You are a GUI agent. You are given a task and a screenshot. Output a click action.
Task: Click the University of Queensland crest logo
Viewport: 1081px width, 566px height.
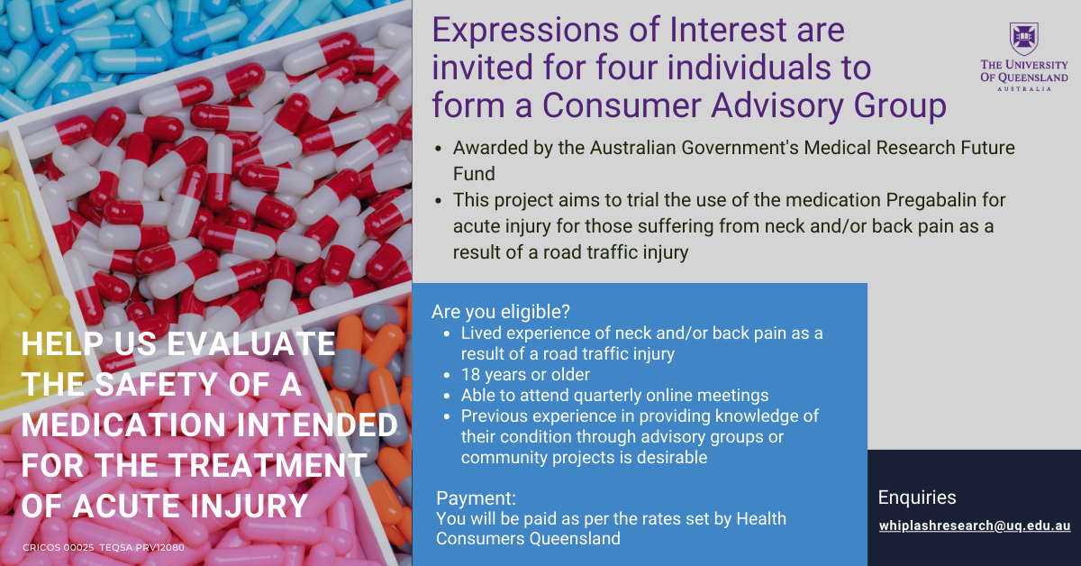click(1023, 39)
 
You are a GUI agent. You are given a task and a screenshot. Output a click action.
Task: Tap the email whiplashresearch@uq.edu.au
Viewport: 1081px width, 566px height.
click(975, 525)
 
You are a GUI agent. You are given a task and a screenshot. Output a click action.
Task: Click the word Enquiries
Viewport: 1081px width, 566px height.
click(917, 498)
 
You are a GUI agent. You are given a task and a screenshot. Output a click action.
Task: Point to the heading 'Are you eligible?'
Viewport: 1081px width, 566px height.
click(501, 312)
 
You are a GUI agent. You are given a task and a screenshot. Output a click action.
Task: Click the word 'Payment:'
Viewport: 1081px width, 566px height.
click(476, 498)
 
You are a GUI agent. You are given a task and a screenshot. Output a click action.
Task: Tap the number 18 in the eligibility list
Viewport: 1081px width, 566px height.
click(470, 375)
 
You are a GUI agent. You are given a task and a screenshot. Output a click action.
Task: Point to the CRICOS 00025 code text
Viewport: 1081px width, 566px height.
click(59, 548)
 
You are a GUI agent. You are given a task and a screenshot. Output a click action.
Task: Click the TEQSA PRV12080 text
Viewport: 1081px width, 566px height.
click(142, 548)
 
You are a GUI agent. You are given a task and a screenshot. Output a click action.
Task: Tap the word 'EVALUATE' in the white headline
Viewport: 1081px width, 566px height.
click(250, 344)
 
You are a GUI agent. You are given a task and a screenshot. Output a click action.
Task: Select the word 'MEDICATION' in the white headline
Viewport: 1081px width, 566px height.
click(123, 425)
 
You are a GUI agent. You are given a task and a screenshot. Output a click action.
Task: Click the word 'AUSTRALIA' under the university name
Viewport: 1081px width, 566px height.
click(1024, 89)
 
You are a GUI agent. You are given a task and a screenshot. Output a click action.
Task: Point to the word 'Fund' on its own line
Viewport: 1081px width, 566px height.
click(474, 174)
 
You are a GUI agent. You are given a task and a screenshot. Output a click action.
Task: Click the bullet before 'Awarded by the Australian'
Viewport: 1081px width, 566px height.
click(438, 149)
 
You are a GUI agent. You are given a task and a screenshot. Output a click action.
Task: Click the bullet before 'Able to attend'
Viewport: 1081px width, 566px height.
click(447, 396)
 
